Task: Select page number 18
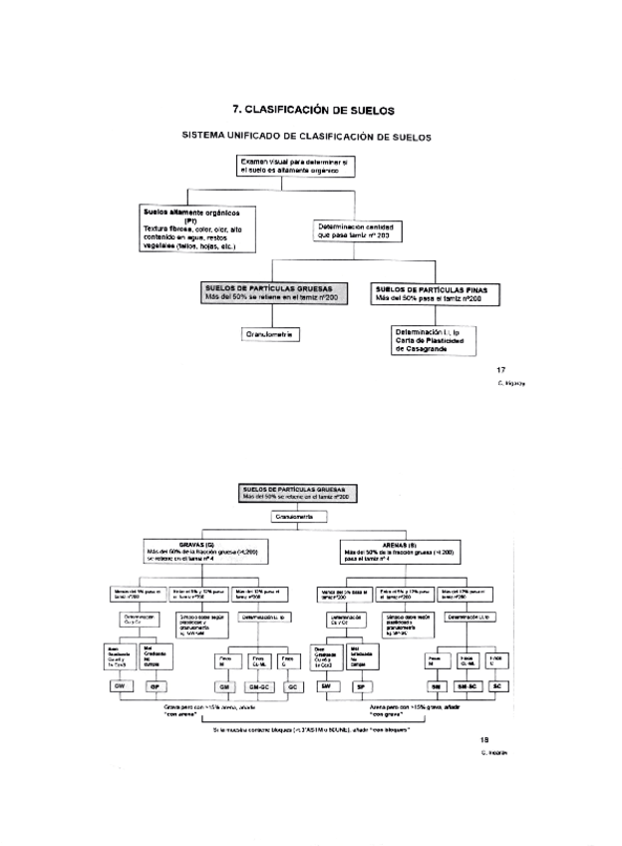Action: (486, 740)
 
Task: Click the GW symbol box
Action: (120, 687)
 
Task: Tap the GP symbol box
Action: (155, 687)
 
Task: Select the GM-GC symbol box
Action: (259, 687)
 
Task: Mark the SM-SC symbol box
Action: (466, 687)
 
